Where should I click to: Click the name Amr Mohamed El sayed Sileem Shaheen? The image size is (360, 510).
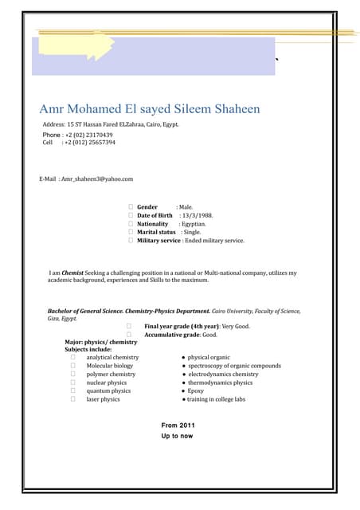[x=149, y=108]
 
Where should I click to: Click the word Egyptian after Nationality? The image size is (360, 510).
[x=193, y=224]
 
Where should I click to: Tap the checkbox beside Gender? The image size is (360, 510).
[x=131, y=206]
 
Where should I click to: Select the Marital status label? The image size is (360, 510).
[x=156, y=232]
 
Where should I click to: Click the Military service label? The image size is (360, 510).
[x=159, y=240]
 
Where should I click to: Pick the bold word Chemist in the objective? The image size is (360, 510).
[x=72, y=273]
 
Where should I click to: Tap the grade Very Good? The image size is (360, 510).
[x=235, y=326]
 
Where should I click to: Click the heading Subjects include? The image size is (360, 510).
[x=88, y=349]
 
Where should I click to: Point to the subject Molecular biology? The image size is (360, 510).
[x=110, y=366]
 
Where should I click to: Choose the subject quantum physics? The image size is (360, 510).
[x=108, y=390]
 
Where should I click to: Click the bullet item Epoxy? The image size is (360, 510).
[x=196, y=390]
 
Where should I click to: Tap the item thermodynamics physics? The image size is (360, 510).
[x=220, y=382]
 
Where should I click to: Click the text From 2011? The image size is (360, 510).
[x=178, y=426]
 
